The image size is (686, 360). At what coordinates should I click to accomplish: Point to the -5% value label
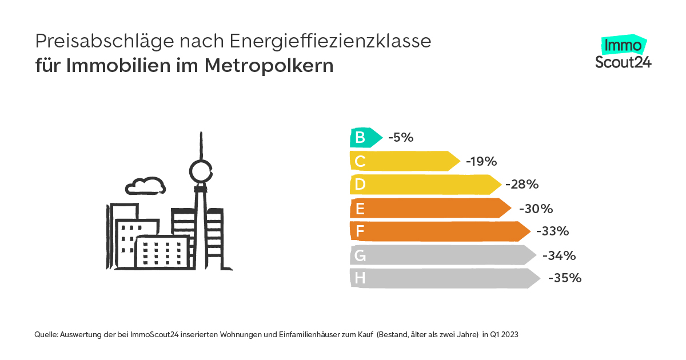pyautogui.click(x=400, y=137)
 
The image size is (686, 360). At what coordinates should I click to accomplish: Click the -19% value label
pyautogui.click(x=481, y=161)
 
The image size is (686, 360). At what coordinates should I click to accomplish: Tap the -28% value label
pyautogui.click(x=522, y=185)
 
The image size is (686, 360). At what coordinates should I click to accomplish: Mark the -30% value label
pyautogui.click(x=536, y=209)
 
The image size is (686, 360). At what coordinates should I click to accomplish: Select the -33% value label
pyautogui.click(x=552, y=231)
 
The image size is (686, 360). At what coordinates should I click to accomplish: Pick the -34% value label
pyautogui.click(x=559, y=255)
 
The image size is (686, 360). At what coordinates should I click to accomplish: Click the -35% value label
pyautogui.click(x=564, y=278)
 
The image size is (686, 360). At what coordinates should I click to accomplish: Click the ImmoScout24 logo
pyautogui.click(x=623, y=53)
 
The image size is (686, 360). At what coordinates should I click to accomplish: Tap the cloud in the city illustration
pyautogui.click(x=145, y=185)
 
